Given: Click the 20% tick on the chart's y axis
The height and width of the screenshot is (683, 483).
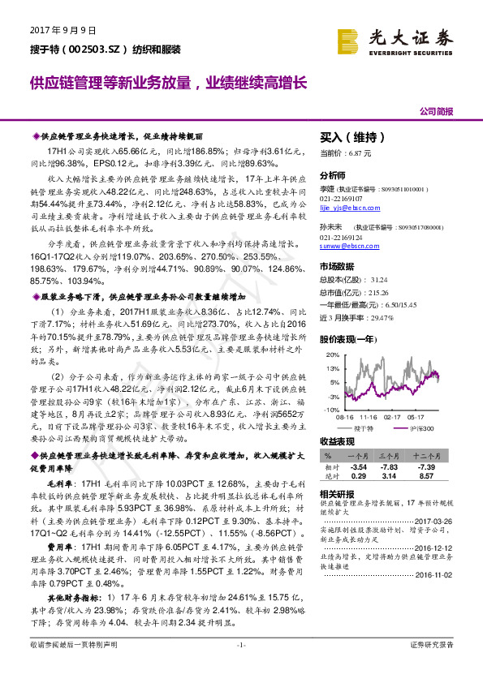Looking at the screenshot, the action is pyautogui.click(x=330, y=356).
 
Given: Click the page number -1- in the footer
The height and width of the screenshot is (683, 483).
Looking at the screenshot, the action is pyautogui.click(x=240, y=667).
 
